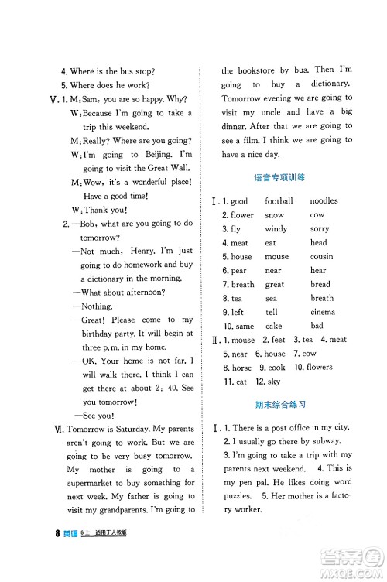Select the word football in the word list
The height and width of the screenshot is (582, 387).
click(279, 201)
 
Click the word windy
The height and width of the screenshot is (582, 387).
click(276, 229)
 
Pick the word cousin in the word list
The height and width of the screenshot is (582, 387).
click(321, 257)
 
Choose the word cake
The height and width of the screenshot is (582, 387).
click(274, 326)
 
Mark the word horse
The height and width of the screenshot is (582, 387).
click(241, 368)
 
